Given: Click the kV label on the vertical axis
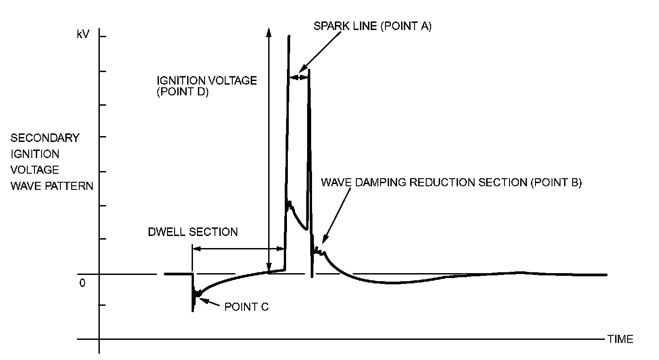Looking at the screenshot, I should coord(83,35).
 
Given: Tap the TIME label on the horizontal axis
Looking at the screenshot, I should coord(620,339).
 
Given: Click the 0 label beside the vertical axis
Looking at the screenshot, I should coord(82,283).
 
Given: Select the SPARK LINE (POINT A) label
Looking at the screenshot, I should coord(372,26).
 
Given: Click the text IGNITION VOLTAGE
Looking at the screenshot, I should coord(206,81).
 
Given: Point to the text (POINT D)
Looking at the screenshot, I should coord(183,93).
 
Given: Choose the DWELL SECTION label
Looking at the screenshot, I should coord(193,232).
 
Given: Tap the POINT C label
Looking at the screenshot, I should coord(246,307).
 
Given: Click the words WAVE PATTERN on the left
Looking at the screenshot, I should coord(51,186).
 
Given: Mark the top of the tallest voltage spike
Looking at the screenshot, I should coord(289,37).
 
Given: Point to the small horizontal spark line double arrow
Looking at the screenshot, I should coord(299,77).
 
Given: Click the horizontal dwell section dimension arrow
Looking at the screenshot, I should coord(238,249).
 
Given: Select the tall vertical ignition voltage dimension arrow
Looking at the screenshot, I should coord(269,148).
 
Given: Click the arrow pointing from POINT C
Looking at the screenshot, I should coord(210,302).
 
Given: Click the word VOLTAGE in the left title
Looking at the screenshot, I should coord(35,170).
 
